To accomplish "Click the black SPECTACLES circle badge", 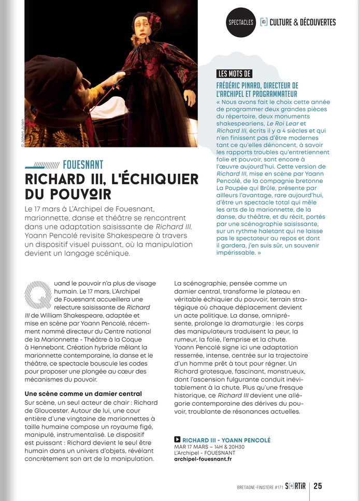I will (241, 22).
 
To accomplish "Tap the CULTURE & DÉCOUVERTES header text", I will (303, 22).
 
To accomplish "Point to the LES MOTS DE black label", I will (235, 73).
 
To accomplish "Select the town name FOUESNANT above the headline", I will (83, 165).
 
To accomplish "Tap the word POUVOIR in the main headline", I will (85, 194).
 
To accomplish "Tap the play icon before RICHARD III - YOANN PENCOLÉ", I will (177, 439).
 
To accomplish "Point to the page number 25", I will (318, 486).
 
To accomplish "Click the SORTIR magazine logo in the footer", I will (297, 486).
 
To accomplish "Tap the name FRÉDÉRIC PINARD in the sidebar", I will (240, 85).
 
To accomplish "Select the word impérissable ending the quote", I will (236, 253).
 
